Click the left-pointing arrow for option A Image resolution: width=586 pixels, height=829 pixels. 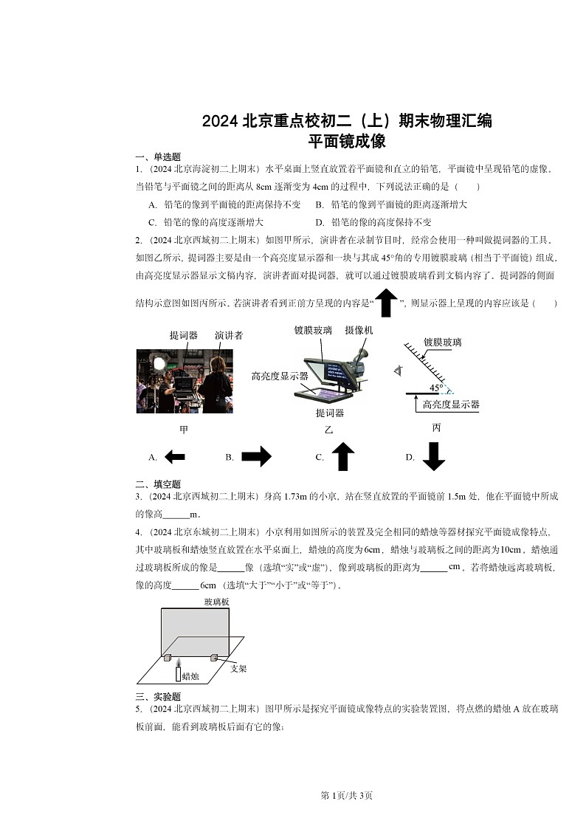click(174, 458)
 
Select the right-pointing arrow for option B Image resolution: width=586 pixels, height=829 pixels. click(256, 458)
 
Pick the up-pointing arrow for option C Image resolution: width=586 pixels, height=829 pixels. click(342, 457)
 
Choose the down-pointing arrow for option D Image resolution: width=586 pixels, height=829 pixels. click(434, 456)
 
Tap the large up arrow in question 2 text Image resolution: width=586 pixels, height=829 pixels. click(387, 303)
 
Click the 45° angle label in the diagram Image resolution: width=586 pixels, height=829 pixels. click(436, 388)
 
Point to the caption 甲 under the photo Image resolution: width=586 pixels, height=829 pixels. click(184, 430)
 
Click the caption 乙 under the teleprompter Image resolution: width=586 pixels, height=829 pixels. click(329, 430)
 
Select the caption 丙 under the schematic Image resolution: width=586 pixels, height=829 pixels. click(436, 427)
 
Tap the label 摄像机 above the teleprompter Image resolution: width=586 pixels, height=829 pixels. click(359, 330)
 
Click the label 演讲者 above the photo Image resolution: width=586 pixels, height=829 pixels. click(229, 335)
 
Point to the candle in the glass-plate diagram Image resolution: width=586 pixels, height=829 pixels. click(177, 672)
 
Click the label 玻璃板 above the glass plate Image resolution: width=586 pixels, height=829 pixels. click(216, 602)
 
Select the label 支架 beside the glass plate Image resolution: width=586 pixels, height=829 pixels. click(238, 668)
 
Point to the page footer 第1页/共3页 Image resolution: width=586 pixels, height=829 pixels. click(347, 795)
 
